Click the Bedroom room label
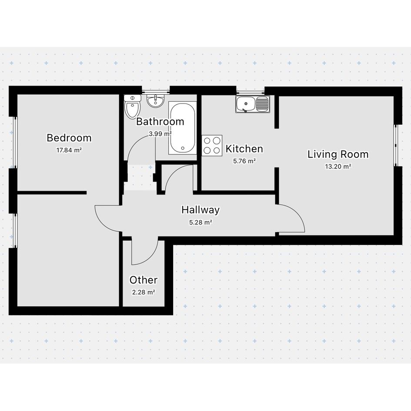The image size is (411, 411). [69, 138]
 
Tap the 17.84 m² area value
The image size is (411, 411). [69, 150]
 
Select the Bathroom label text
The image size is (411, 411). [160, 122]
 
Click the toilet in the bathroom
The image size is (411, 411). [132, 107]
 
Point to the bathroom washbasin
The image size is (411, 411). [155, 100]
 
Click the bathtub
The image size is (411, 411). [182, 128]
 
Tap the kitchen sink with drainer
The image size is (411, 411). [253, 104]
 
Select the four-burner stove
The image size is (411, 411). [212, 145]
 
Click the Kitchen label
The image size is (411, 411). [244, 149]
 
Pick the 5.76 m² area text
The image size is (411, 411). [244, 161]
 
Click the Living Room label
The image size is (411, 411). [338, 154]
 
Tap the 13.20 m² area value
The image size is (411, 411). [338, 167]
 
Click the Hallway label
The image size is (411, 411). [200, 210]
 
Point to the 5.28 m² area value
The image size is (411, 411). [200, 223]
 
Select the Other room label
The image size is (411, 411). [144, 280]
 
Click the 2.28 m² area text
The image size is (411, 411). [144, 292]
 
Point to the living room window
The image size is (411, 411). [396, 145]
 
